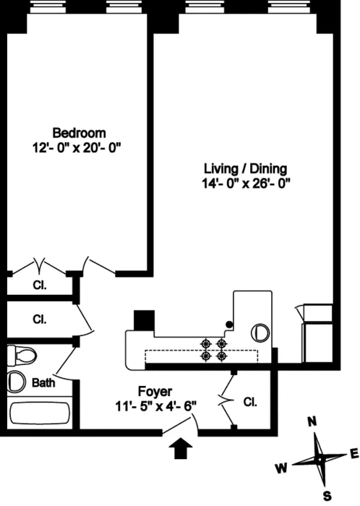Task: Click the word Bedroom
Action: pyautogui.click(x=80, y=133)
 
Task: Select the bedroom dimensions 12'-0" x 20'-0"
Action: pyautogui.click(x=80, y=147)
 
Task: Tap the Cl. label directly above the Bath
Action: pyautogui.click(x=39, y=318)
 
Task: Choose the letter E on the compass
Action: pyautogui.click(x=353, y=453)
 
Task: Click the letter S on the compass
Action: pyautogui.click(x=326, y=495)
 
